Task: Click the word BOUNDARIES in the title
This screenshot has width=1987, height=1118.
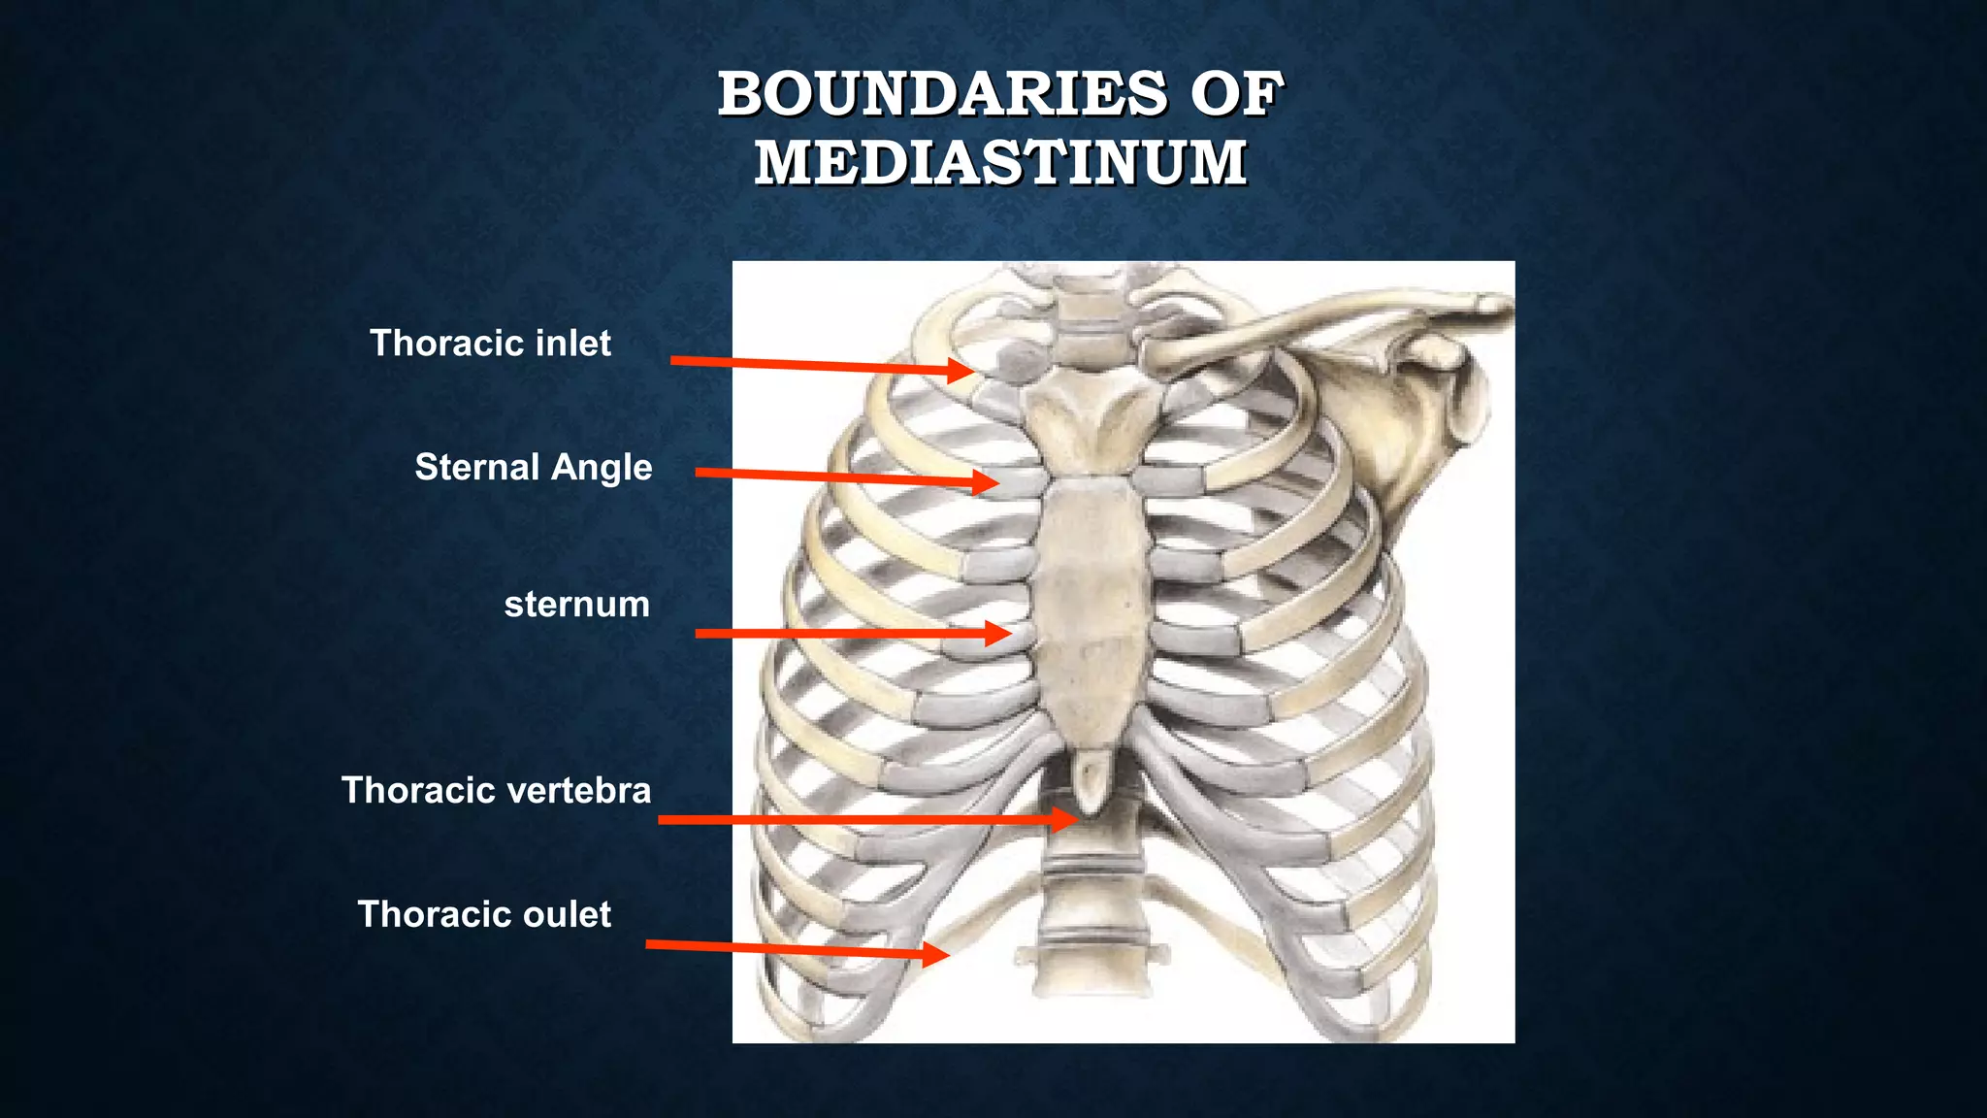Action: [x=942, y=94]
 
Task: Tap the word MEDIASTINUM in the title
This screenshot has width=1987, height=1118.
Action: [x=1000, y=162]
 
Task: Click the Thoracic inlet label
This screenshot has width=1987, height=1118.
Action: [x=490, y=344]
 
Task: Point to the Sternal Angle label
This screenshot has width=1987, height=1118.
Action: [x=533, y=468]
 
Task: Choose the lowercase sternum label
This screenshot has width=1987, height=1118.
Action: [x=576, y=605]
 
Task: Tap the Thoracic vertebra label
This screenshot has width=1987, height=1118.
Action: [x=496, y=790]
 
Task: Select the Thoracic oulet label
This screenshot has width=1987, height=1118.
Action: [x=484, y=914]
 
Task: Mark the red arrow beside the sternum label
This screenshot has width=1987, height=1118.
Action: [x=853, y=634]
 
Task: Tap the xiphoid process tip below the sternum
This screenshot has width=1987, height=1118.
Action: [x=1091, y=782]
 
